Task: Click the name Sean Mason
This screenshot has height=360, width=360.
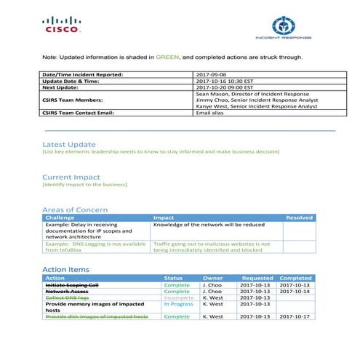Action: pos(215,94)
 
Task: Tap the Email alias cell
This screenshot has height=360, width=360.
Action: pos(212,113)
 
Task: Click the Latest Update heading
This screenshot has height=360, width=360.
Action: pos(69,144)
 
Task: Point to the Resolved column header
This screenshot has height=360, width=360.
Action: pos(300,217)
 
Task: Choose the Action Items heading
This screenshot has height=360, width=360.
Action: pos(65,270)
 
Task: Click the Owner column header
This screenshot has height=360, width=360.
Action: pos(212,278)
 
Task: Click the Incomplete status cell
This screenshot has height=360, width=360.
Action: pos(179,297)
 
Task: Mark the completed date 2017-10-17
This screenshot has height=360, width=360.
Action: pos(296,316)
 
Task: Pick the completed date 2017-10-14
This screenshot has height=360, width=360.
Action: pos(296,291)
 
